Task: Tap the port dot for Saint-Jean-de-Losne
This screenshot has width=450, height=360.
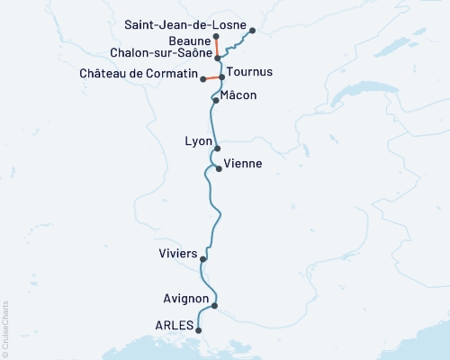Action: tap(252, 31)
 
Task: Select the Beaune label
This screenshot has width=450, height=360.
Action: tap(189, 40)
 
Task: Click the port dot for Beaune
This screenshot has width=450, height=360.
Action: tap(217, 37)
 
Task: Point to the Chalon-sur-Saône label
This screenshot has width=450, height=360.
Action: tap(161, 54)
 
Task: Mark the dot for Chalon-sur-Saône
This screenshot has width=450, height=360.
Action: tap(218, 58)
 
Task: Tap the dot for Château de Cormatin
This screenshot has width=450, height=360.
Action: tap(203, 80)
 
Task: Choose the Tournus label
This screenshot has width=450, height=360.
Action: tap(249, 71)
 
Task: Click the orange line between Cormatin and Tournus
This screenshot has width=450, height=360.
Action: tap(212, 78)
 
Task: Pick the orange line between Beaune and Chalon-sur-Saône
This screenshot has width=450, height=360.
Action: tap(217, 47)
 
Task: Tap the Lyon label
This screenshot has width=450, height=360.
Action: tap(198, 142)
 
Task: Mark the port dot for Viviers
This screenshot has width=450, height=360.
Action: tap(203, 260)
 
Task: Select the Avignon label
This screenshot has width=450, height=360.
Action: tap(188, 299)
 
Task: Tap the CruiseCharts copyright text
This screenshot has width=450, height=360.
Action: tap(5, 328)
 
